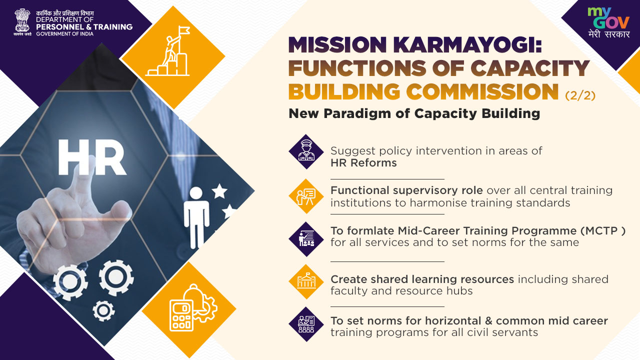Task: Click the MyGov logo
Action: point(609,22)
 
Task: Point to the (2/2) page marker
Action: point(580,95)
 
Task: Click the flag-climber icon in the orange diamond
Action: point(168,51)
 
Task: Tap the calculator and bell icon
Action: point(193,307)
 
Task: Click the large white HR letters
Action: point(91,157)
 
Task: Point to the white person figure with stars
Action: point(208,216)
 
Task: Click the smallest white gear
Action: point(103,310)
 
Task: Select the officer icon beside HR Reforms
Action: point(306,151)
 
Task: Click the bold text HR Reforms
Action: point(363,163)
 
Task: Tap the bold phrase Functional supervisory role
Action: point(406,190)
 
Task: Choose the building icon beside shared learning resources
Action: point(306,281)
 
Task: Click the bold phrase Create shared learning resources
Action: point(422,279)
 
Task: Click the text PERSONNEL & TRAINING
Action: point(84,27)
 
